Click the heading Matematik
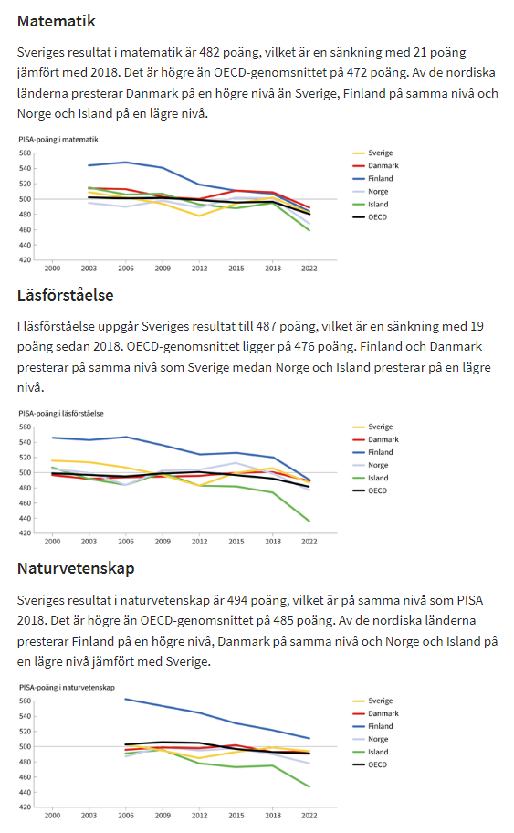(57, 21)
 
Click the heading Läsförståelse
(66, 295)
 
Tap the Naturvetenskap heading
(76, 568)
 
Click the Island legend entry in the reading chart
(371, 478)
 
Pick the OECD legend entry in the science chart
(370, 765)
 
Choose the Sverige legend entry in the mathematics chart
(372, 153)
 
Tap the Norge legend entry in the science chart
(371, 740)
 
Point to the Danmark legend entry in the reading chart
(375, 440)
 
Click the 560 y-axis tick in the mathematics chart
(25, 153)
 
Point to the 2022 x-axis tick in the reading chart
(309, 542)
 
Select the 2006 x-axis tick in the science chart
(126, 816)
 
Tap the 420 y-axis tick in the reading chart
(25, 532)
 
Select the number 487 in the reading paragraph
(266, 326)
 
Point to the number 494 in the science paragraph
(237, 600)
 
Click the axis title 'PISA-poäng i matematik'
(58, 140)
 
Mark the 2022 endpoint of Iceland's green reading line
(309, 522)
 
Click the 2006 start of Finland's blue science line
(125, 699)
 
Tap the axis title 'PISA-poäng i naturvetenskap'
(67, 688)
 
